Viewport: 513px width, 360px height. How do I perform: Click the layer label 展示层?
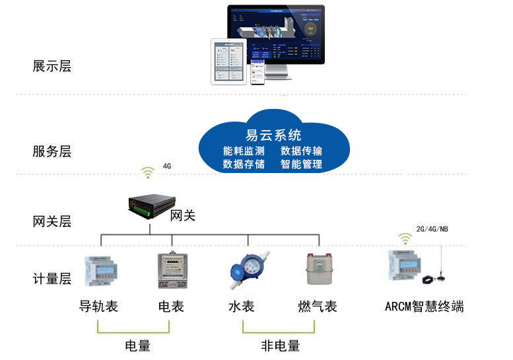point(51,66)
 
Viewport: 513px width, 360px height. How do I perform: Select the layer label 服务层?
point(51,151)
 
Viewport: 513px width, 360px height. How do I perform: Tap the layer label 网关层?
point(51,221)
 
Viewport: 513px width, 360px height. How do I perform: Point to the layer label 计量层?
point(51,279)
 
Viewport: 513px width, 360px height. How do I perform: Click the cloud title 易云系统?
point(273,135)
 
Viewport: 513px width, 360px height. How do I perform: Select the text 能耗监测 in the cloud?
point(244,151)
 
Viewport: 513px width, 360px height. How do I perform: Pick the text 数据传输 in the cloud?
point(302,151)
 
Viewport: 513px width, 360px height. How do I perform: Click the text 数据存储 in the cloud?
point(244,164)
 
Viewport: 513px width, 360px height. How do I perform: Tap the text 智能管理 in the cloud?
point(302,164)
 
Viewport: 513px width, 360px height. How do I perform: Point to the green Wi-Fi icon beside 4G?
point(147,172)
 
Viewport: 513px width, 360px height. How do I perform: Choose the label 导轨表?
point(98,306)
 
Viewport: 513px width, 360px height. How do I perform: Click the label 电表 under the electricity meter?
point(171,306)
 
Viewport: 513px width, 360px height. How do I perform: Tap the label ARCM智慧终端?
point(424,306)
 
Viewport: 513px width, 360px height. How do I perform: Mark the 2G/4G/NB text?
point(432,229)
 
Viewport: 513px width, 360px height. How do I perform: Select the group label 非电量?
point(280,345)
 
